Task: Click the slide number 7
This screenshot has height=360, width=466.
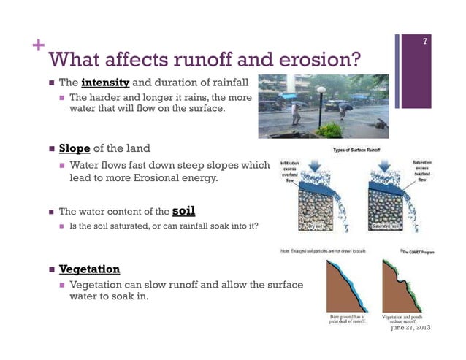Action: point(424,45)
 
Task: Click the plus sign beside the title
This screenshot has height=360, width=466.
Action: point(35,45)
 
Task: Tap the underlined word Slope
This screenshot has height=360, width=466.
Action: point(75,148)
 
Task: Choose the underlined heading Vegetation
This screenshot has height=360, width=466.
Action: point(89,269)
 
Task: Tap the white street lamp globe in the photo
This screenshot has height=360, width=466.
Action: point(321,91)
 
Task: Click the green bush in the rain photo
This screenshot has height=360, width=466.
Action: point(329,131)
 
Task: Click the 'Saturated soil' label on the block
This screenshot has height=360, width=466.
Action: point(387,227)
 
